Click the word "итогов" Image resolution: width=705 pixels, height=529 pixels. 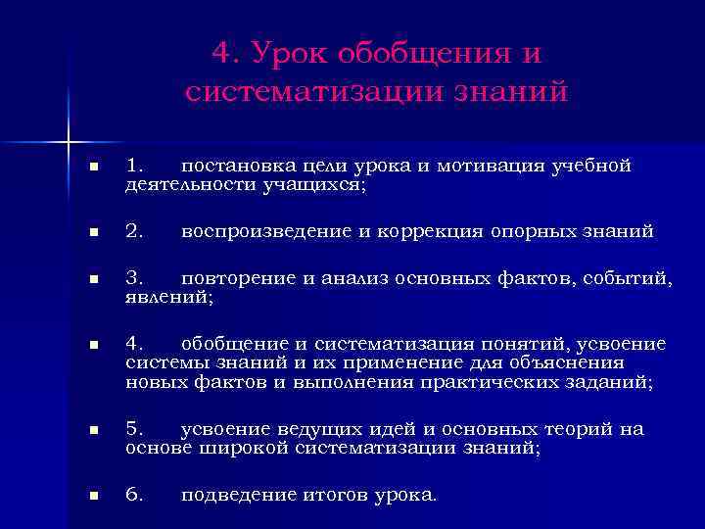330,495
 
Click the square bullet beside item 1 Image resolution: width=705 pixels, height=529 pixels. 93,168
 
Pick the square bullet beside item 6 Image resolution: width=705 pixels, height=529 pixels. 93,496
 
